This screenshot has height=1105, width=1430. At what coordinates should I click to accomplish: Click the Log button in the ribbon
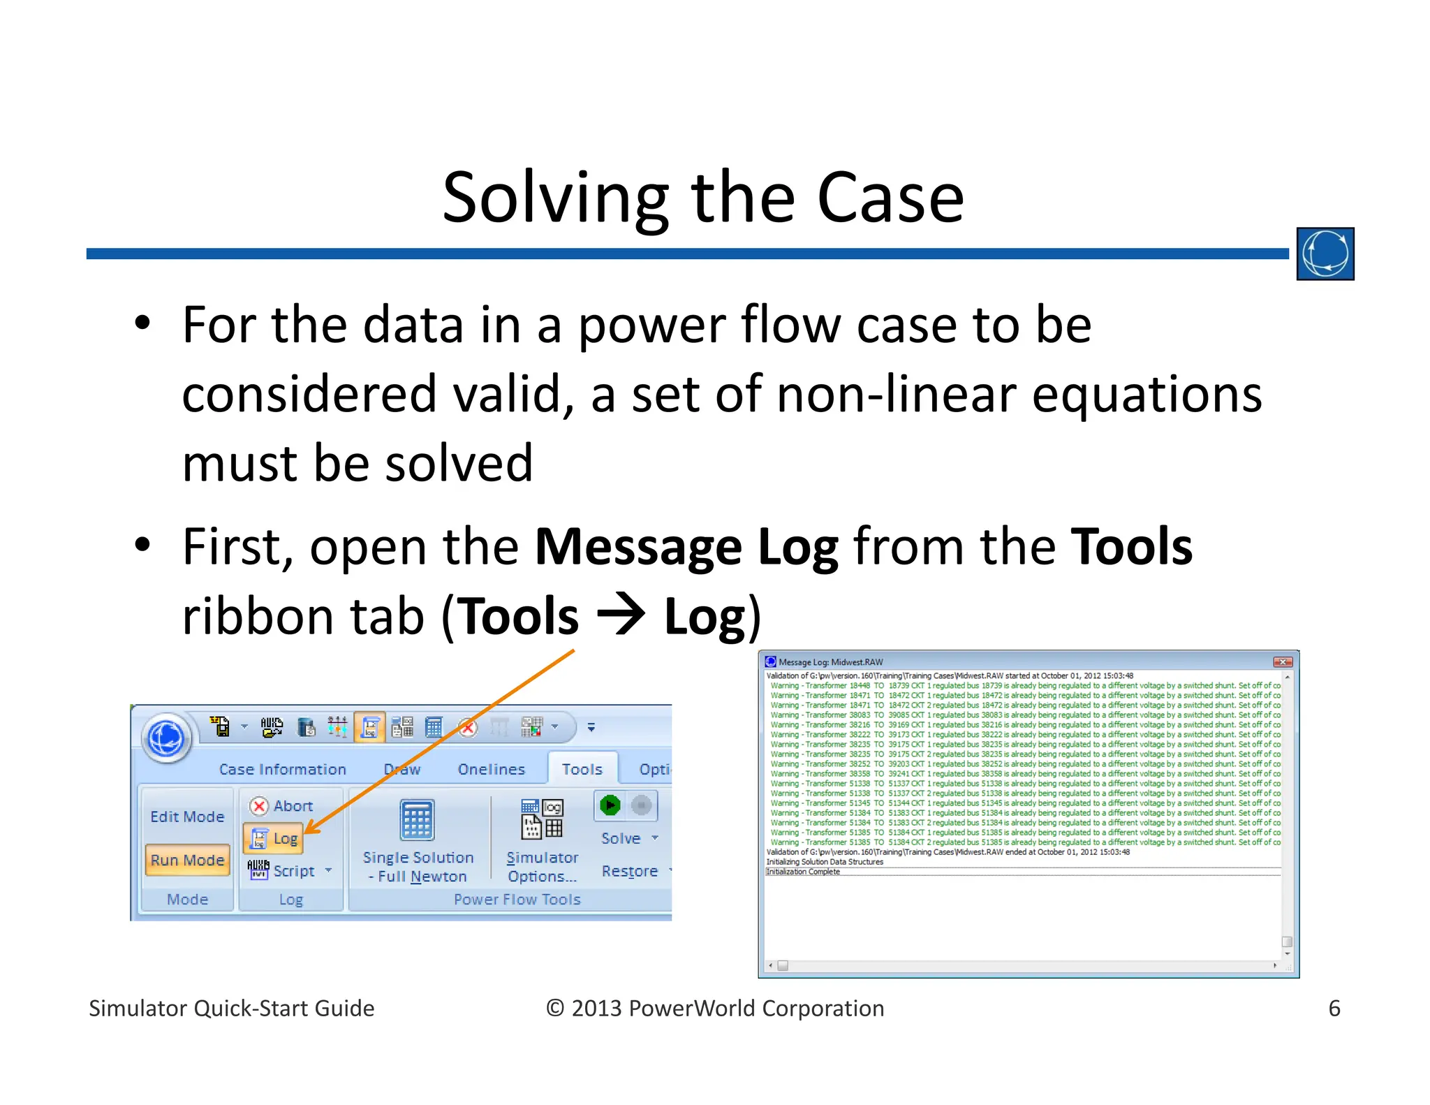(274, 838)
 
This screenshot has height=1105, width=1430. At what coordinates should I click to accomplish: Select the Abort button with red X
(282, 806)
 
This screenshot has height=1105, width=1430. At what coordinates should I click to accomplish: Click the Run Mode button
(187, 860)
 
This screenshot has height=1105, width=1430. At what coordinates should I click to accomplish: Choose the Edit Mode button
(187, 817)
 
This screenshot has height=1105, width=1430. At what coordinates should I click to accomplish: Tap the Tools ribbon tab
(582, 769)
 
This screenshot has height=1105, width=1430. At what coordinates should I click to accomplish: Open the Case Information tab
(282, 769)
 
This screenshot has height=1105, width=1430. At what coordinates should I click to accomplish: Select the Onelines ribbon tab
(491, 769)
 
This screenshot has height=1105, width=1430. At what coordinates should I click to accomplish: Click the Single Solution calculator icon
(417, 820)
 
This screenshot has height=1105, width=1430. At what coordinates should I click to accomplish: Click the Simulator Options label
(542, 866)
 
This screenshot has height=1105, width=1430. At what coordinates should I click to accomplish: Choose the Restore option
(629, 871)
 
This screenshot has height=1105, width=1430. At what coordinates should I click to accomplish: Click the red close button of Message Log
(1282, 661)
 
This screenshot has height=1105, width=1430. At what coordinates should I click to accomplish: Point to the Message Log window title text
(830, 661)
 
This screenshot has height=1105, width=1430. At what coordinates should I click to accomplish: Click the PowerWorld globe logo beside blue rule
(1325, 254)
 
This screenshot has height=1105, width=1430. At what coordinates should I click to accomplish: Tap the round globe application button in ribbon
(167, 738)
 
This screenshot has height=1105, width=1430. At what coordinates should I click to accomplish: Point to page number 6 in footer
(1334, 1008)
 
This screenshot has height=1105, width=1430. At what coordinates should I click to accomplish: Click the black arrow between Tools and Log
(621, 615)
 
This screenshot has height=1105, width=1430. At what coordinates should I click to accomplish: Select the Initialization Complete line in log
(803, 872)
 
